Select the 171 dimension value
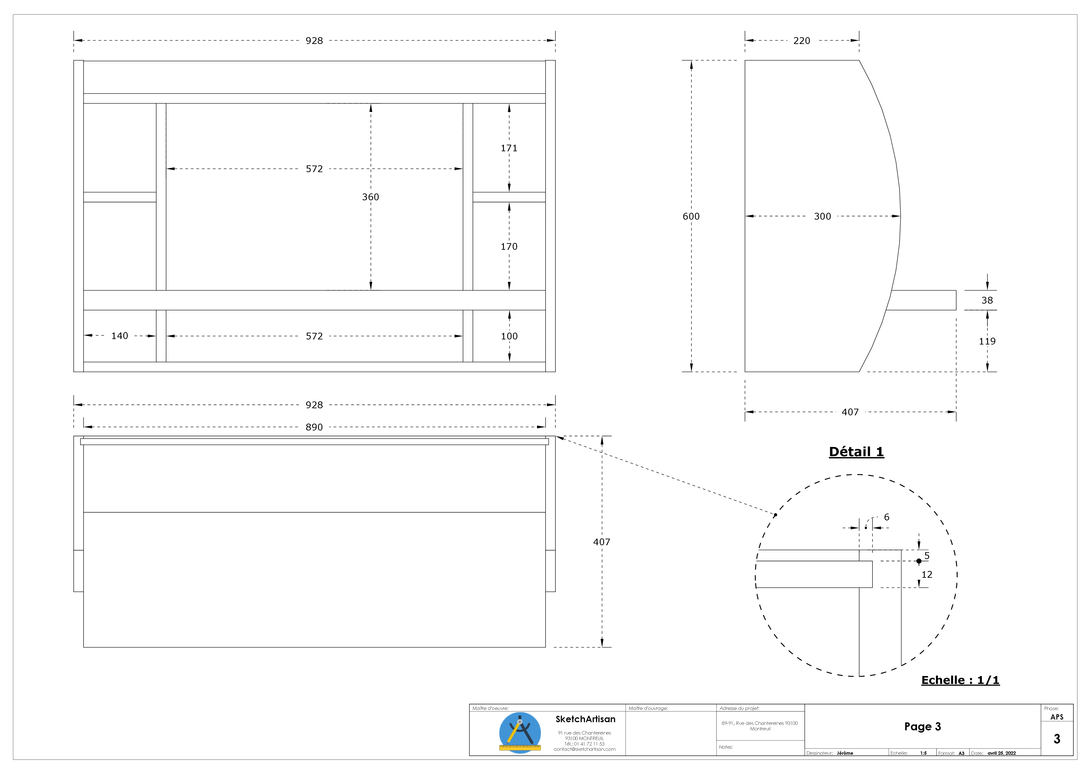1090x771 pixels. point(509,148)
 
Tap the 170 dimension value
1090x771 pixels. point(509,246)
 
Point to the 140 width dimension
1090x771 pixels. point(120,336)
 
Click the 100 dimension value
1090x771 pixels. point(509,336)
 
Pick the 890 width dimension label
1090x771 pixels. point(314,427)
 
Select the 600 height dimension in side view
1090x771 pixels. point(691,217)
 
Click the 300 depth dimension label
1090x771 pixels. point(823,217)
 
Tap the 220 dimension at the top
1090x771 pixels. point(802,41)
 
